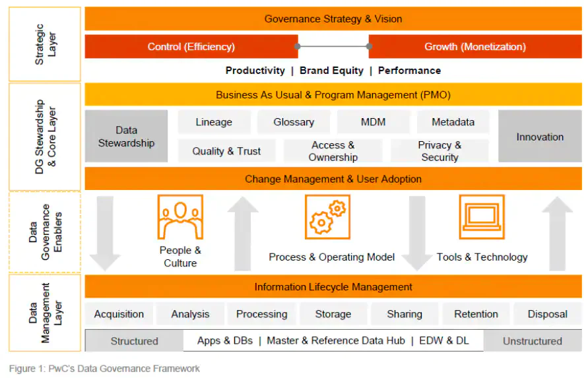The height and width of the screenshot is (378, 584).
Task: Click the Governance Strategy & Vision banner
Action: pos(333,19)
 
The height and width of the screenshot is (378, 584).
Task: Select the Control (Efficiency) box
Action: pos(191,47)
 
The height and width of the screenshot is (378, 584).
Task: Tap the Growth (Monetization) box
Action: pos(475,47)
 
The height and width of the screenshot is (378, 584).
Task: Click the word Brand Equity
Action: pos(331,71)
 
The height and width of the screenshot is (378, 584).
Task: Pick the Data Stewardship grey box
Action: pos(126,137)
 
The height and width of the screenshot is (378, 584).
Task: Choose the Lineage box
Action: pos(214,122)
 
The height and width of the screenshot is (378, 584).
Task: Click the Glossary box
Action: pos(294,122)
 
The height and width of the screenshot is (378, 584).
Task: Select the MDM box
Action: pos(373,122)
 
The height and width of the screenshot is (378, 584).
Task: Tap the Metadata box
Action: pos(453,122)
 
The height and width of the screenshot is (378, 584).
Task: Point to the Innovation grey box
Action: pos(540,137)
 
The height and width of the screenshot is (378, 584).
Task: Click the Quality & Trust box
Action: pos(226,151)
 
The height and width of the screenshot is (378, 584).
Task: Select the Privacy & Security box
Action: pos(439,151)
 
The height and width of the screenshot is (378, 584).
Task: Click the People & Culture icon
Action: pos(179,217)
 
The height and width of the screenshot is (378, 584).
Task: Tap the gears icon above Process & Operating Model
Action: pos(327,217)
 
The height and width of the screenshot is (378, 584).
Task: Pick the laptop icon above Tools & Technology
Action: pos(482,217)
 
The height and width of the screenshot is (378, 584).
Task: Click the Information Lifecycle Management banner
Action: pos(333,287)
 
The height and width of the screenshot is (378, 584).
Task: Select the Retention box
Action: pos(476,314)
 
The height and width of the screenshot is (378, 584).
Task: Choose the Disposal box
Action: pos(547,314)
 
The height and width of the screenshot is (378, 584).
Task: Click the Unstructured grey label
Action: pos(533,341)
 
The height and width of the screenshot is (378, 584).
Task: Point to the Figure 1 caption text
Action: pos(104,368)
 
